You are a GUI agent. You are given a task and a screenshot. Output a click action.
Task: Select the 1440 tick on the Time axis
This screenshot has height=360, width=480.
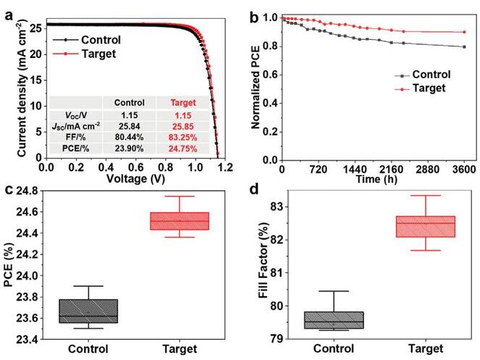(373, 168)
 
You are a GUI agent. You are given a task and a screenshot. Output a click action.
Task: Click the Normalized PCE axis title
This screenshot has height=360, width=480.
(256, 86)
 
